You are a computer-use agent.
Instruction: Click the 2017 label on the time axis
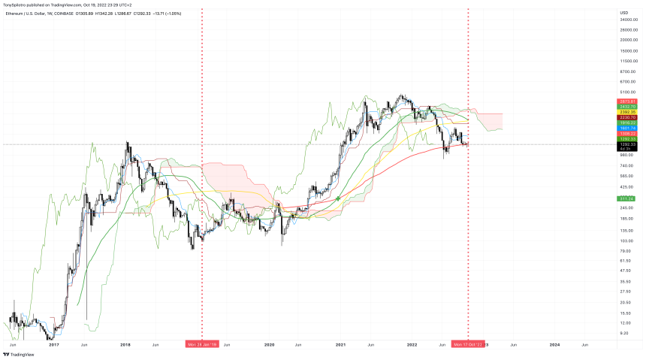coord(53,344)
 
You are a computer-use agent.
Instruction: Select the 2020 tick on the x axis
coord(269,344)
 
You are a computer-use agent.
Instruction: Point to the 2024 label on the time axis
coord(554,344)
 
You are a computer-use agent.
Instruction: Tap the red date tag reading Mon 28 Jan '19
coord(202,344)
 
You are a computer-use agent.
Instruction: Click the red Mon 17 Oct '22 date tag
coord(467,344)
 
